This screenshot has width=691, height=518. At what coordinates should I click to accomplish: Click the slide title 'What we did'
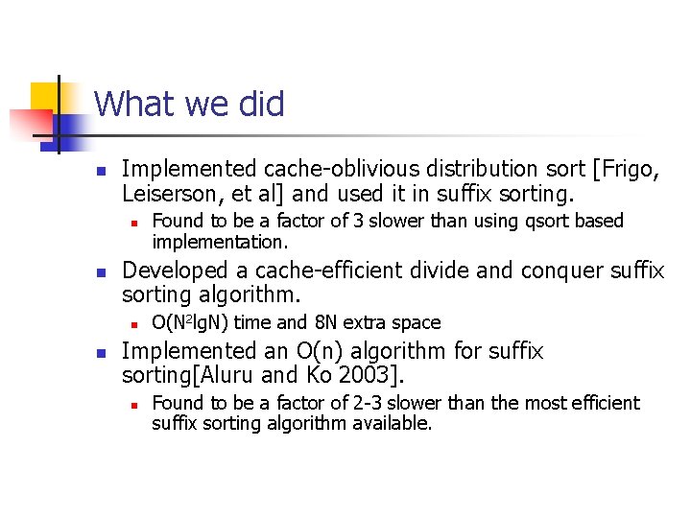pos(189,104)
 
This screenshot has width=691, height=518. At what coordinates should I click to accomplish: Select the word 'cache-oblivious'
pos(302,170)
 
